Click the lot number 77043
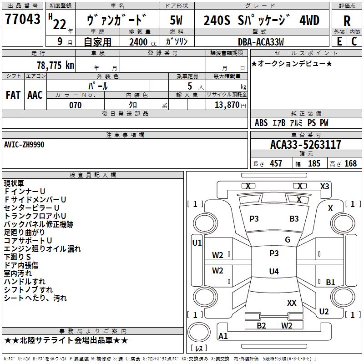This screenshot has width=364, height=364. tap(22, 19)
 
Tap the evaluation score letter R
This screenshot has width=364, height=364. tap(347, 21)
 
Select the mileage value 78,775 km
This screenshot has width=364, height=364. tap(56, 65)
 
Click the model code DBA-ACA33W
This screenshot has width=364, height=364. tap(261, 42)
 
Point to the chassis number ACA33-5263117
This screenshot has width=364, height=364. tap(305, 145)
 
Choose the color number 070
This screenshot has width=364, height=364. tap(76, 105)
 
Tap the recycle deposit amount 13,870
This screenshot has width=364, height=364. tap(227, 105)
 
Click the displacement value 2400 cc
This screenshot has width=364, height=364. tap(143, 42)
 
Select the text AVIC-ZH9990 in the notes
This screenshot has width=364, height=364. tap(24, 145)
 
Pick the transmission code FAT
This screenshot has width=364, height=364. tap(13, 95)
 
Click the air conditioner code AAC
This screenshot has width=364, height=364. tap(35, 95)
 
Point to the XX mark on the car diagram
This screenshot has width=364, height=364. tap(292, 303)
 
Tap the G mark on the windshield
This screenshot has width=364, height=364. tap(288, 240)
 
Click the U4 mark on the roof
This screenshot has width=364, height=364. tap(274, 271)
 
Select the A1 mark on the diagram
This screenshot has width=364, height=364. tap(223, 336)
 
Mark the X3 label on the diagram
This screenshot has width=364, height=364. tap(324, 187)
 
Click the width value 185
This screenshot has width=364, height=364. tap(314, 163)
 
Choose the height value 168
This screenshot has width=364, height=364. tap(350, 163)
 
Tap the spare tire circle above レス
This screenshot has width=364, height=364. tap(199, 332)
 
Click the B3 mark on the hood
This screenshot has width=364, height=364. tap(294, 219)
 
